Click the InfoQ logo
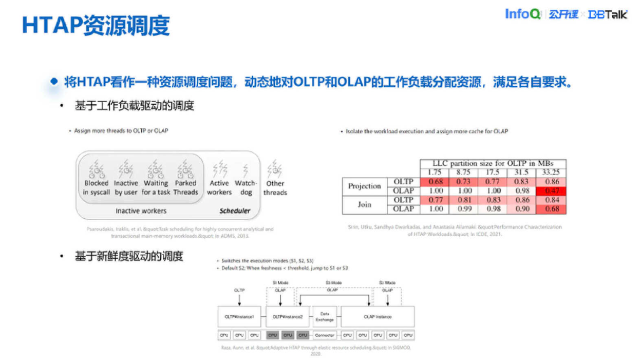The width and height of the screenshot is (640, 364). click(522, 14)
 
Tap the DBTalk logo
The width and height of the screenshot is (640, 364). click(608, 14)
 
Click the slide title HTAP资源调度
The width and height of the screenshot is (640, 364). click(96, 26)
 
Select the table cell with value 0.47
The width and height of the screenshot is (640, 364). click(551, 191)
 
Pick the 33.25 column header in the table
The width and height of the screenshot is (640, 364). click(551, 173)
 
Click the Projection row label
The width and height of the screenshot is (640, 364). click(364, 186)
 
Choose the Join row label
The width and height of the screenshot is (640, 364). click(364, 204)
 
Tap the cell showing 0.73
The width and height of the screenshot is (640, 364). click(463, 182)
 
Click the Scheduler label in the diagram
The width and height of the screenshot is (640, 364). click(235, 210)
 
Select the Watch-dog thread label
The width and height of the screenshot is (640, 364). click(246, 187)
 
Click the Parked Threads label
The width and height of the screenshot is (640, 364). click(185, 187)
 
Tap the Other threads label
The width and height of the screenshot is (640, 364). click(275, 187)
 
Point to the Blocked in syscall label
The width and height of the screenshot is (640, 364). click(97, 187)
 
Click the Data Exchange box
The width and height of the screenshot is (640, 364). click(325, 317)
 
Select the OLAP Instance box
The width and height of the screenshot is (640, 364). click(378, 317)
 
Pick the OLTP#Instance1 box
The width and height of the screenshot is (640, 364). click(239, 317)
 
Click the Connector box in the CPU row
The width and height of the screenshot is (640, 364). click(325, 335)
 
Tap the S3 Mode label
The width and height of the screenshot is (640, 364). click(333, 283)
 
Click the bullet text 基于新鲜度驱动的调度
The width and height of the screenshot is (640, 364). click(129, 256)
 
